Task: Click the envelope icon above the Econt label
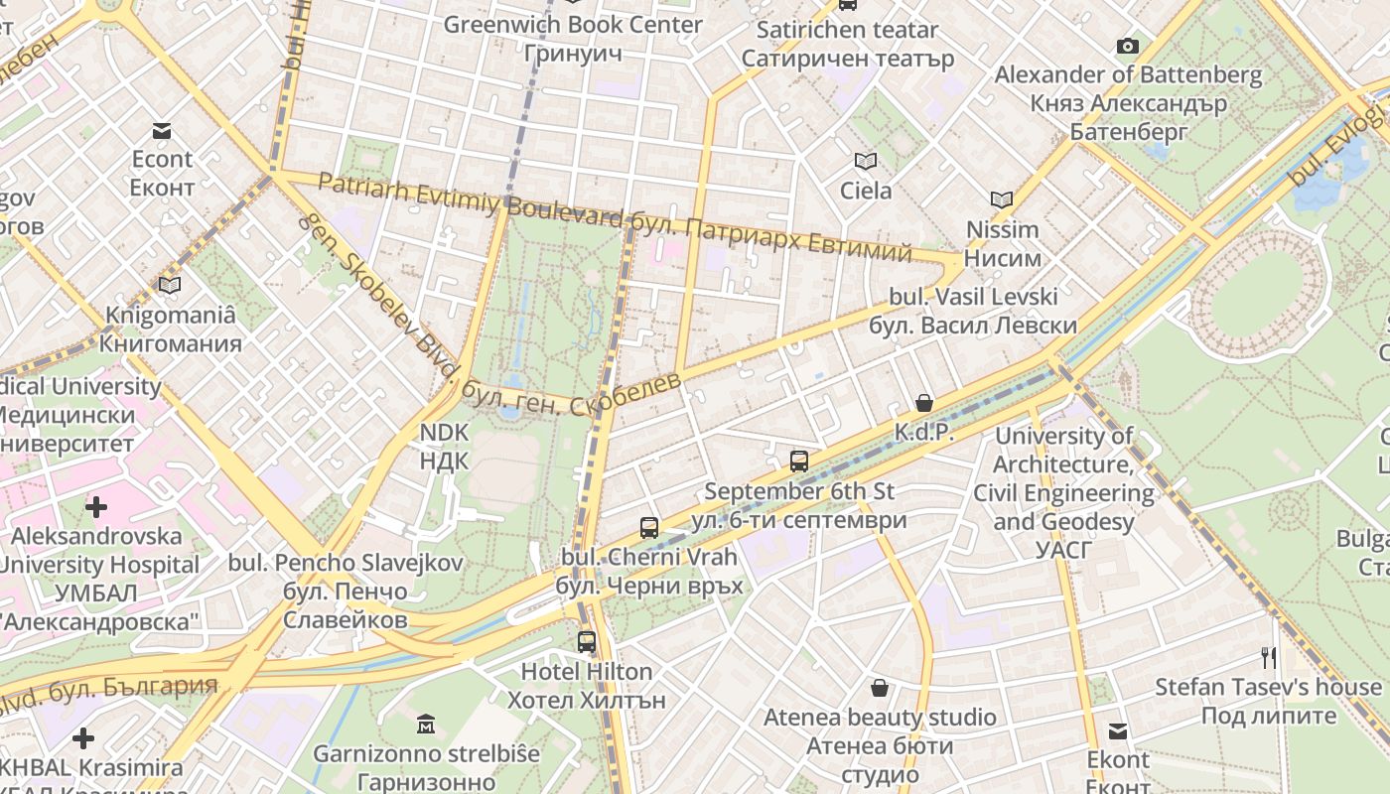[162, 131]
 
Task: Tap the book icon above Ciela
[866, 161]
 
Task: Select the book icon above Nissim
[1002, 199]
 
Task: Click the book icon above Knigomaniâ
[170, 285]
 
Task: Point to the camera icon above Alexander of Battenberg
[1128, 46]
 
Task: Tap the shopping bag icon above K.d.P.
[924, 402]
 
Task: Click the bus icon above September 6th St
[799, 461]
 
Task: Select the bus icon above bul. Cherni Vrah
[649, 527]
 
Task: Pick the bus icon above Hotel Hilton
[587, 641]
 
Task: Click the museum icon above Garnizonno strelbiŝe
[426, 724]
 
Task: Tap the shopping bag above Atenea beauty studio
[880, 687]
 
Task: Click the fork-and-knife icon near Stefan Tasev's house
[1268, 657]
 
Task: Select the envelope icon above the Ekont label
[1118, 731]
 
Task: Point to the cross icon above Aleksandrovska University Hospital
[96, 507]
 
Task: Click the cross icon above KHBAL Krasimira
[83, 737]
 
